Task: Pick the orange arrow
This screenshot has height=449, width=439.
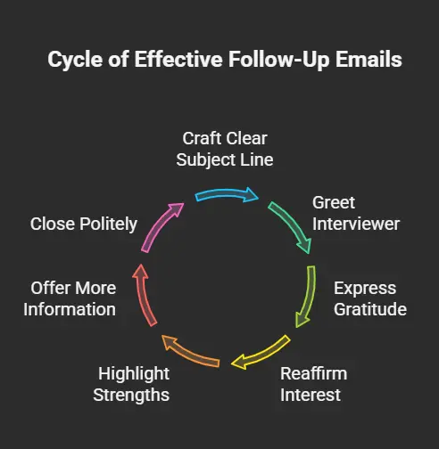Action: click(190, 353)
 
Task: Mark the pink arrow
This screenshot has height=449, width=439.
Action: click(160, 225)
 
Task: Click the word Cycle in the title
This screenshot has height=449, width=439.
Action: click(76, 61)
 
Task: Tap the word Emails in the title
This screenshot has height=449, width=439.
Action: click(369, 59)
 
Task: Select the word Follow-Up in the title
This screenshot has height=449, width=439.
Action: click(278, 60)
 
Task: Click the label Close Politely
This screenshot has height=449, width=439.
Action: click(84, 224)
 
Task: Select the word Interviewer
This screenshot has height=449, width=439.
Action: click(356, 224)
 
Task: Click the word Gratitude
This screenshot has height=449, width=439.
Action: click(370, 309)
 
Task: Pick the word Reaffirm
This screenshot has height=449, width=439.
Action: click(314, 373)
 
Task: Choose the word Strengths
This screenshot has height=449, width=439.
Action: click(131, 395)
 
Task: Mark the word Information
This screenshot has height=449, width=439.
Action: click(70, 309)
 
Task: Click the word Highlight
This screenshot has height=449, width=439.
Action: click(134, 374)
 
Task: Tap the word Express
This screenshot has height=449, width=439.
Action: click(365, 289)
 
